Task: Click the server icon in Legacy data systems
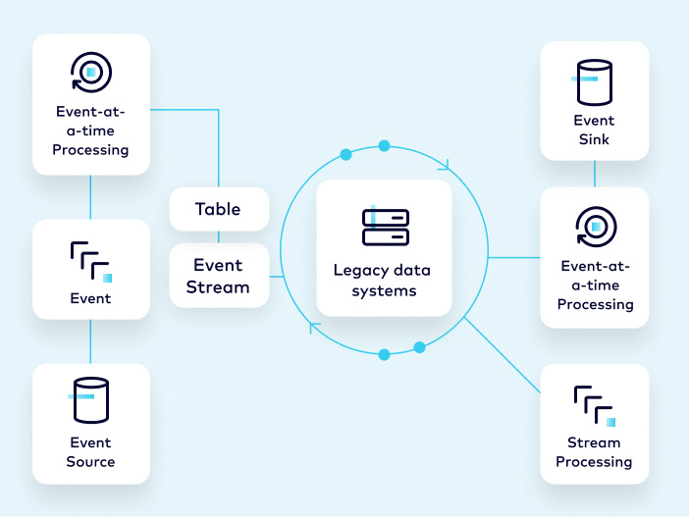click(384, 227)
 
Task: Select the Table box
click(218, 209)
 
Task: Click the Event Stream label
click(218, 276)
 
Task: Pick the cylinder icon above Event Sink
click(594, 83)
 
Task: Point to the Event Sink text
click(594, 129)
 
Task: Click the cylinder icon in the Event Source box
click(90, 400)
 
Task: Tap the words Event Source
click(90, 452)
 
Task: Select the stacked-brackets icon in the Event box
click(90, 260)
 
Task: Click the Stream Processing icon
click(594, 405)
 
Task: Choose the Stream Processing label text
click(594, 452)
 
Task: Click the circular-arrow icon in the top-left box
click(90, 73)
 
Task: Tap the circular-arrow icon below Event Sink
click(594, 227)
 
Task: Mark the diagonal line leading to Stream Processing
click(503, 356)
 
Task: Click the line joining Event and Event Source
click(90, 341)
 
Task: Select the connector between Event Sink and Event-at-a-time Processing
click(594, 174)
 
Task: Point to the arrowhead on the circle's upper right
click(448, 164)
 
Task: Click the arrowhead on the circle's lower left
click(314, 327)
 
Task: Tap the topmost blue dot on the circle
click(384, 145)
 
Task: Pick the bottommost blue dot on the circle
click(384, 353)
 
